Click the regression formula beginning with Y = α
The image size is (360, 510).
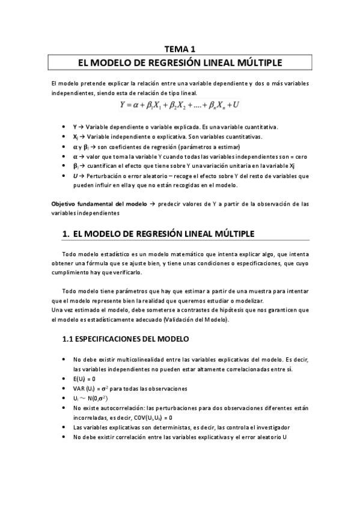pyautogui.click(x=180, y=105)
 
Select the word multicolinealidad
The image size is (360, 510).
pyautogui.click(x=133, y=359)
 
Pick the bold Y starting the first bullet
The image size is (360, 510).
pyautogui.click(x=75, y=127)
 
